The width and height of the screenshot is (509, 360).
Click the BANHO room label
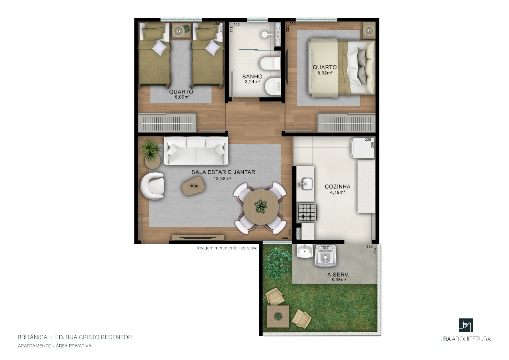pos(252,77)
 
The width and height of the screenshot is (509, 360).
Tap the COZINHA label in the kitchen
pos(338,187)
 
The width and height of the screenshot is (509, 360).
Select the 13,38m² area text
pos(222,179)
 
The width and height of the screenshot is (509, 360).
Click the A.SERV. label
pos(338,275)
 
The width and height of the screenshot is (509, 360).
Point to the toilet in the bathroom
pos(270,63)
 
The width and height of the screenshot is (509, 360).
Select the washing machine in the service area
pos(325,256)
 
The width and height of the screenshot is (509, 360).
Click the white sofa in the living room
pos(196,151)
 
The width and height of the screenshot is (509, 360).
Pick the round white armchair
pos(152,186)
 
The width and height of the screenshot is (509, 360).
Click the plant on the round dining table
pos(260,206)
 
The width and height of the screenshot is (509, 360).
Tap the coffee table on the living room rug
pos(193,186)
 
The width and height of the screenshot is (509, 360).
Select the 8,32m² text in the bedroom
pos(325,73)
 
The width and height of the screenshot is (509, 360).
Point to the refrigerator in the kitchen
pos(363,148)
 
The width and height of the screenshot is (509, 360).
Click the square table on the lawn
pos(278,317)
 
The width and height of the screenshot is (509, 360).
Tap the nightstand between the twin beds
pos(181,30)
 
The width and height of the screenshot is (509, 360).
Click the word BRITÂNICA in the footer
pos(33,337)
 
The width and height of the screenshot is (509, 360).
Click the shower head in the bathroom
pos(265,35)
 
